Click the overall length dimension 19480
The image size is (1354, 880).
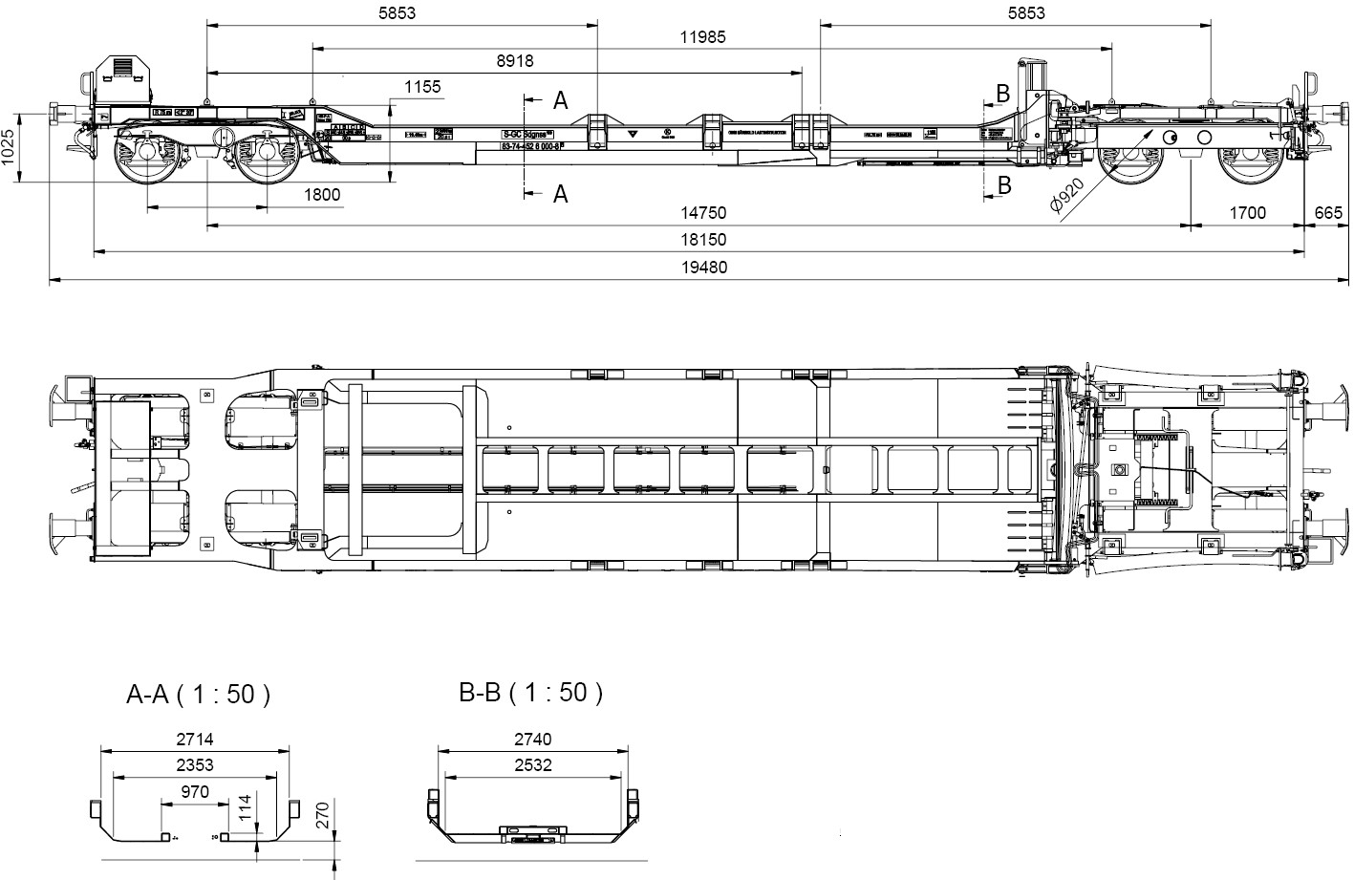click(704, 268)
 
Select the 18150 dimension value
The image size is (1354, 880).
click(704, 240)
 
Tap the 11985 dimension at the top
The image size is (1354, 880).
click(703, 37)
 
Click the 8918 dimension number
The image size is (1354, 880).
click(515, 61)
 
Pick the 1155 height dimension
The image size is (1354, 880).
click(422, 87)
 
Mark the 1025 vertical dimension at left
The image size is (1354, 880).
click(10, 147)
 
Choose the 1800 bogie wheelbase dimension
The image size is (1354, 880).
click(322, 195)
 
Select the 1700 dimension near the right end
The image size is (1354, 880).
click(1247, 213)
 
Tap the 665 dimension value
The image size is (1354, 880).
click(1328, 213)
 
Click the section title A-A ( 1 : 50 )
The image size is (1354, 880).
click(199, 695)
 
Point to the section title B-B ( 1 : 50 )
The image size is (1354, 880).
click(531, 693)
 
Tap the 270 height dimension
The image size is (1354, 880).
click(323, 815)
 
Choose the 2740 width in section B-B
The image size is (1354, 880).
click(532, 739)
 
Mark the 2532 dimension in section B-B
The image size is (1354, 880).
click(532, 764)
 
